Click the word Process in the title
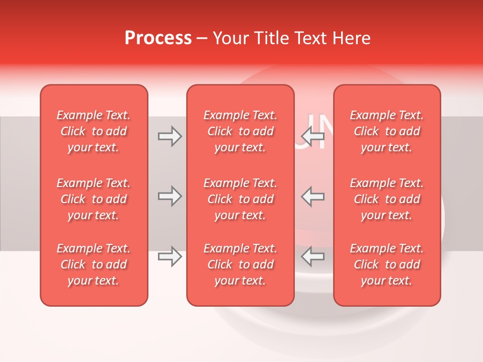pyautogui.click(x=158, y=38)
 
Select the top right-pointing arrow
pyautogui.click(x=170, y=136)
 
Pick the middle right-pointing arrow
pyautogui.click(x=170, y=196)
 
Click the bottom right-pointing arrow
pyautogui.click(x=170, y=256)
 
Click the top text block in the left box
pyautogui.click(x=94, y=131)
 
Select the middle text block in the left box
pyautogui.click(x=94, y=199)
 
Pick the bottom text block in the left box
pyautogui.click(x=94, y=264)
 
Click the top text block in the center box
pyautogui.click(x=240, y=131)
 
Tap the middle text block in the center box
pyautogui.click(x=240, y=199)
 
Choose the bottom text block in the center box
pyautogui.click(x=240, y=264)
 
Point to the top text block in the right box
pyautogui.click(x=387, y=131)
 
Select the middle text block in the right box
pyautogui.click(x=387, y=199)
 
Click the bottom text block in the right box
pyautogui.click(x=387, y=264)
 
